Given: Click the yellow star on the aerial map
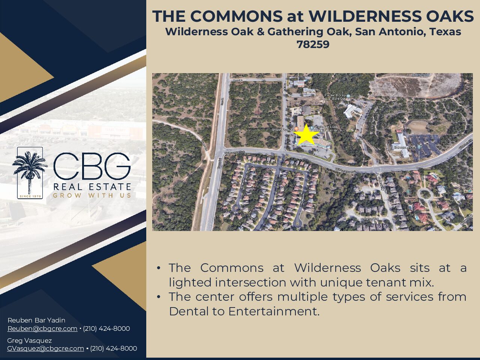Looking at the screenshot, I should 306,135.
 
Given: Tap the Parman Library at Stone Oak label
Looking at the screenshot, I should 336,97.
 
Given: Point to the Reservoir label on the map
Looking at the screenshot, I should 421,75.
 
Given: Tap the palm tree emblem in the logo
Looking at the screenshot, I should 30,171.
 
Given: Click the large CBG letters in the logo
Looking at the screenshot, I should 92,166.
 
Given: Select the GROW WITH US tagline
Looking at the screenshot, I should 92,195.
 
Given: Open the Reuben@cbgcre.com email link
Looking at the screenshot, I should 42,328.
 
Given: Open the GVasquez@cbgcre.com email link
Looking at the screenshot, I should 45,348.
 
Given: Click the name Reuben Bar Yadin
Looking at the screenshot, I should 36,320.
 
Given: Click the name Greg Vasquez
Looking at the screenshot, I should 30,340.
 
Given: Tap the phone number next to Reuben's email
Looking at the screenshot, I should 106,328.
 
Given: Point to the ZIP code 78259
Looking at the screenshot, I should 313,44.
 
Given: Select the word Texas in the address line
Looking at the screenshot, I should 445,31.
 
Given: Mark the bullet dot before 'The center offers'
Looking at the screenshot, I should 159,297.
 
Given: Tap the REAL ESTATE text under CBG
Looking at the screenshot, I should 92,187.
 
